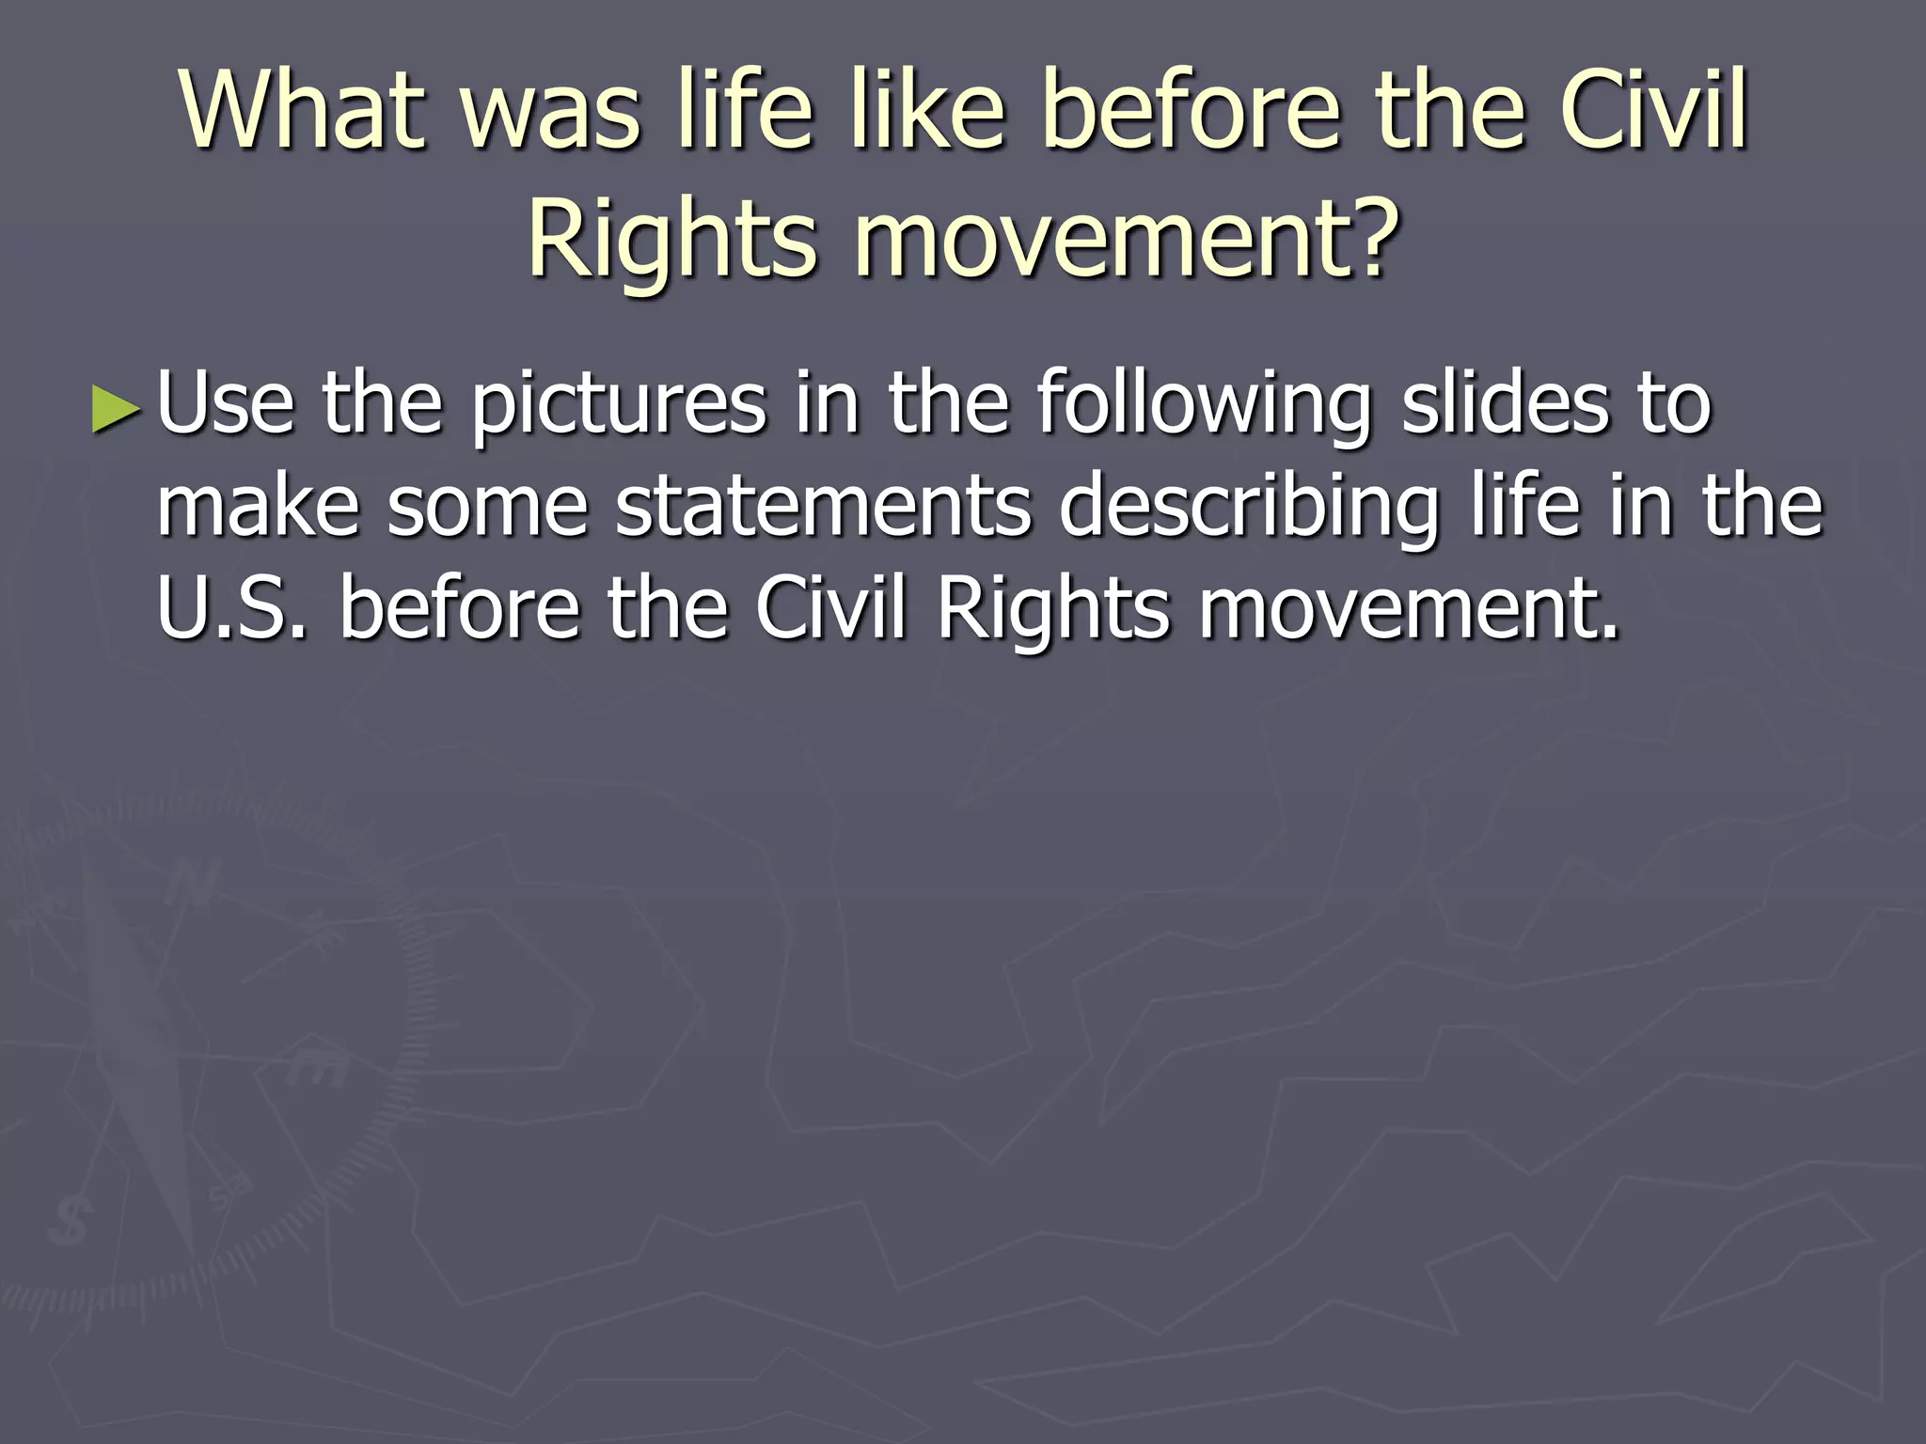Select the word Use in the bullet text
(226, 404)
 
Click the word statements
(824, 508)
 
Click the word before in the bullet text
(459, 609)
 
